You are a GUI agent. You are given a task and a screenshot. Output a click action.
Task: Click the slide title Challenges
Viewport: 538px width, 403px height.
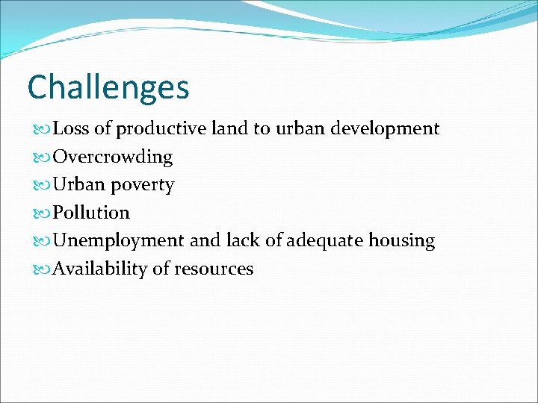click(x=108, y=87)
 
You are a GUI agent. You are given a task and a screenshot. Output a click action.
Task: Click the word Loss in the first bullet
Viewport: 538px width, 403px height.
click(x=72, y=129)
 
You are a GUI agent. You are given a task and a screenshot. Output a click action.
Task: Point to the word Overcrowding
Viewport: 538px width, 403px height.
click(x=113, y=157)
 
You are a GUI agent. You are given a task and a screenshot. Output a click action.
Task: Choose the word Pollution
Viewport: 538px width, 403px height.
click(x=91, y=213)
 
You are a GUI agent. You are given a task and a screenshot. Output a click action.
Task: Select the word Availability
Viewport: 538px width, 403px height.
click(x=100, y=269)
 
